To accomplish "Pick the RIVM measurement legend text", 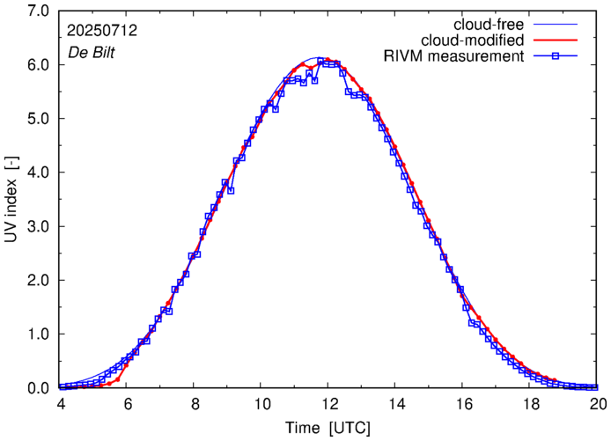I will pos(454,57).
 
